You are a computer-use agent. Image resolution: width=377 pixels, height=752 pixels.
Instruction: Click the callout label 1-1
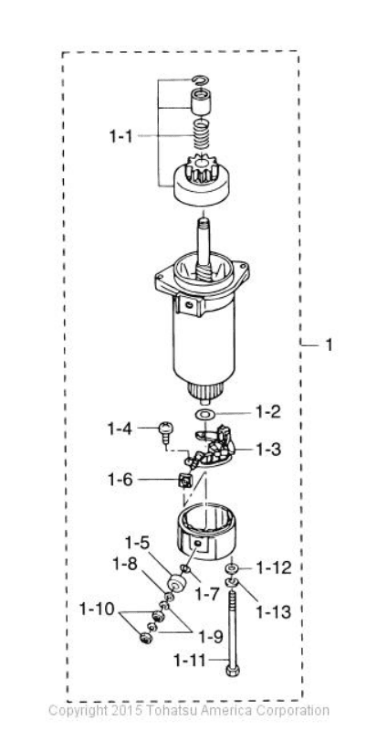(x=120, y=137)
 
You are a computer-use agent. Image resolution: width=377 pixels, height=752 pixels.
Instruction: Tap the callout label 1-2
(x=268, y=412)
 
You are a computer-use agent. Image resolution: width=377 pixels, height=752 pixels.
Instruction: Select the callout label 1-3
(x=268, y=450)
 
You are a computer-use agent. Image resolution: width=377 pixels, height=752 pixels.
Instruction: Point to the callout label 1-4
(x=120, y=429)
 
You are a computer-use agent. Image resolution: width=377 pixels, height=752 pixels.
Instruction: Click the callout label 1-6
(x=120, y=479)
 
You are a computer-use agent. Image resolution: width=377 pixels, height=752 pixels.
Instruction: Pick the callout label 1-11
(x=190, y=661)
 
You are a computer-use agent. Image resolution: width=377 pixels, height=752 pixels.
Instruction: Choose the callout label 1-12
(x=274, y=568)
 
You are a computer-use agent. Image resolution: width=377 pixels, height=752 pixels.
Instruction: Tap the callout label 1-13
(x=274, y=612)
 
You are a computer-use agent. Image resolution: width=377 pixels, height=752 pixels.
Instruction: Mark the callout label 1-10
(x=98, y=609)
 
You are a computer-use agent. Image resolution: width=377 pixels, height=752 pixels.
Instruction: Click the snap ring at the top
(x=199, y=79)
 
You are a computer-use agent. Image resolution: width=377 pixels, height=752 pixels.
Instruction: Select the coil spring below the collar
(x=202, y=134)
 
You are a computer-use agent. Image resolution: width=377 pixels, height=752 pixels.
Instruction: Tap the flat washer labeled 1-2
(x=204, y=414)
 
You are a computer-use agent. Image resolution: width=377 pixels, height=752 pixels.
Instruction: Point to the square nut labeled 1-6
(x=183, y=480)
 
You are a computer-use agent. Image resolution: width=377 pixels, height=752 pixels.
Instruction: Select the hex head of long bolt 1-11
(x=233, y=669)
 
